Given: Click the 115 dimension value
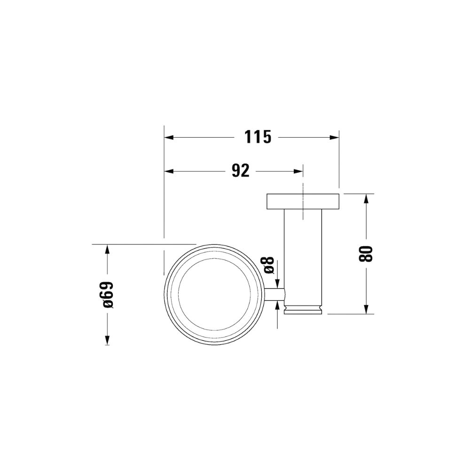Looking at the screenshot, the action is pos(258,137).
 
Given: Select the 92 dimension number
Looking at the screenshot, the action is pos(241,171).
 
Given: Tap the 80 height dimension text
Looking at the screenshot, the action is pos(365,254).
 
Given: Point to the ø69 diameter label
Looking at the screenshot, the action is pos(108,295).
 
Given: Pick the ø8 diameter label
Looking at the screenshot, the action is pos(269,265).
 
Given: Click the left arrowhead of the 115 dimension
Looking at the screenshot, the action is pos(169,137).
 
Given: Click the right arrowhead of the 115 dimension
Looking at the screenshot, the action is pos(334,137).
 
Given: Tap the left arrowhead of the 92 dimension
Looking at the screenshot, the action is pos(169,171).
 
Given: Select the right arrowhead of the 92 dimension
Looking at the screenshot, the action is pos(298,171).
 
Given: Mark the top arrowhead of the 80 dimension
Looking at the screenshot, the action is pos(366,199).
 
